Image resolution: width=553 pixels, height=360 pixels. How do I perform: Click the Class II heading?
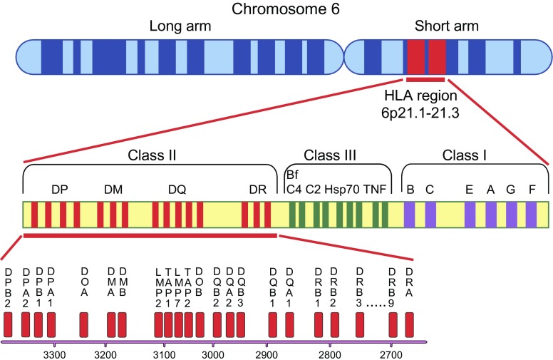pos(150,155)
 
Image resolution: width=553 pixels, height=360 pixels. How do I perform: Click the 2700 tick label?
pos(390,354)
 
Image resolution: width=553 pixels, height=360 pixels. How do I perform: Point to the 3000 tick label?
pos(212,354)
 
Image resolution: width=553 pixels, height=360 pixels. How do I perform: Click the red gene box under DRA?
pos(409,324)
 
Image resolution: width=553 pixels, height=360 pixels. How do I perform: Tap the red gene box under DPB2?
pos(9,324)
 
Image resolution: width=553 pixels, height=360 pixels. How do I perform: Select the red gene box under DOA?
pos(84,324)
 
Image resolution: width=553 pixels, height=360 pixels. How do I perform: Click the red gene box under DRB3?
pos(360,324)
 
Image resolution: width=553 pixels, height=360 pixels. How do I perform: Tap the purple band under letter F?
pos(532,215)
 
